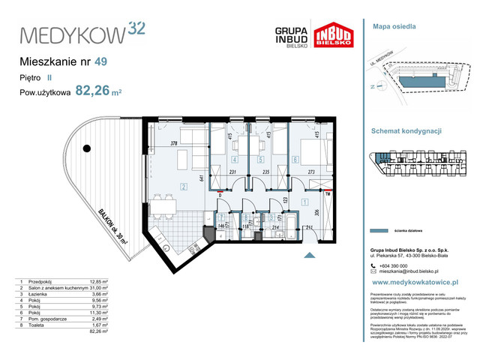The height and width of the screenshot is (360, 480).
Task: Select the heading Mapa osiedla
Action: tap(394, 26)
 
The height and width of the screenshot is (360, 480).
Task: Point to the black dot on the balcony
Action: tap(87, 148)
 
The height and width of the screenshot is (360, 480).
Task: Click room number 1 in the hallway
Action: tap(303, 201)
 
